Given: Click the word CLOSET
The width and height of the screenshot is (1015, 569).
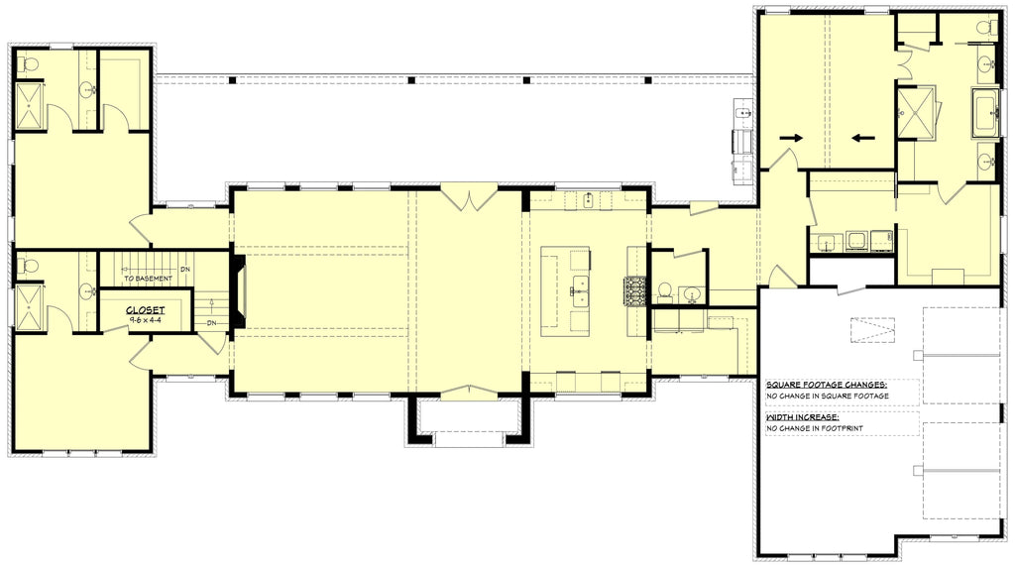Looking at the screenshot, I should [x=145, y=310].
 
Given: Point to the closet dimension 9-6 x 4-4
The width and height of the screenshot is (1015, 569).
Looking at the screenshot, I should [x=145, y=320].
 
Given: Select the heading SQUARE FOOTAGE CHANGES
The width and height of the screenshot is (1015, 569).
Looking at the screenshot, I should [x=827, y=384].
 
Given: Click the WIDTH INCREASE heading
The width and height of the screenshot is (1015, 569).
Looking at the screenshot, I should [x=804, y=418].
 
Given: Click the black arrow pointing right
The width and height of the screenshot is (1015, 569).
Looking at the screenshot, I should [x=789, y=137].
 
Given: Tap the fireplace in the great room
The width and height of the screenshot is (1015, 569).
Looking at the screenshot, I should [x=239, y=292].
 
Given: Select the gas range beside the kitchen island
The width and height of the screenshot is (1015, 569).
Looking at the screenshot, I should [x=634, y=290].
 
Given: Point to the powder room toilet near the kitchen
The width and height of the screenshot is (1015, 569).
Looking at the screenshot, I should [x=665, y=291].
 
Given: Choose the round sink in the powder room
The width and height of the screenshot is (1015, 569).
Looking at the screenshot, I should [x=692, y=293].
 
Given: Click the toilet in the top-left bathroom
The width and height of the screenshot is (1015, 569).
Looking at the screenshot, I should [x=28, y=64].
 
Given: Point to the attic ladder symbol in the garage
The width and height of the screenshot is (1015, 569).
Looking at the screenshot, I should [x=873, y=329].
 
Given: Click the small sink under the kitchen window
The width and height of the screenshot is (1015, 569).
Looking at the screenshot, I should [x=589, y=200].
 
